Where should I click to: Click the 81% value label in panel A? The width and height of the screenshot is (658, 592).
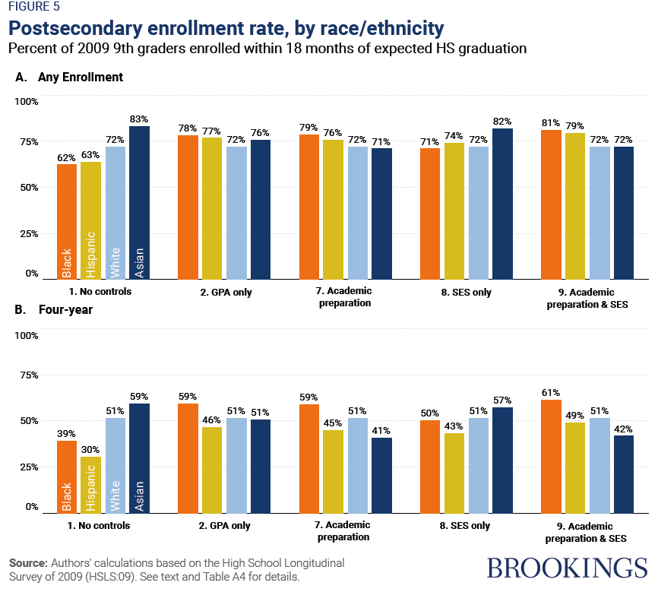tap(551, 122)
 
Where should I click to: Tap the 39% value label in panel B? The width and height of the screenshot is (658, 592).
tap(66, 433)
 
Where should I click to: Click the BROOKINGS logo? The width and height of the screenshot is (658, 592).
tap(567, 568)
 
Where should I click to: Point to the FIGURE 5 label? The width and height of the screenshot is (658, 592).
tap(35, 8)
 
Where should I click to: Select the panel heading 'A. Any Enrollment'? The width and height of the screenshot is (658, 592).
tap(69, 78)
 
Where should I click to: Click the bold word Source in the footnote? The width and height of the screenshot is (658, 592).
tap(27, 563)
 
